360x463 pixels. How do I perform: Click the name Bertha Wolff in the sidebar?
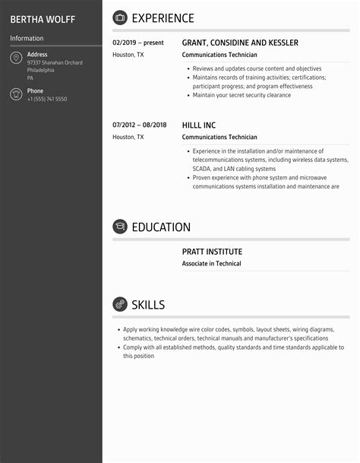click(x=43, y=18)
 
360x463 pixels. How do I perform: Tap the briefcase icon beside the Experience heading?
click(x=120, y=18)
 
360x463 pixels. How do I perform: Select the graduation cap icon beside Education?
click(x=120, y=227)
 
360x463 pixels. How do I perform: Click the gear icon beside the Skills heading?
click(x=120, y=305)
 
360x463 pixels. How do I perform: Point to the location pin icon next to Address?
click(x=16, y=59)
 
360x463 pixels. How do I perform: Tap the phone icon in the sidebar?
click(x=16, y=94)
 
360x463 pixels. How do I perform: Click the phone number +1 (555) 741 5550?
click(x=47, y=100)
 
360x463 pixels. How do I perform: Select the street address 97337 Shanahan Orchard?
click(x=55, y=63)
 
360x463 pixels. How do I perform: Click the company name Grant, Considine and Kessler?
click(x=240, y=43)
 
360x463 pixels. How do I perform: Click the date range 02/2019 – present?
click(x=138, y=43)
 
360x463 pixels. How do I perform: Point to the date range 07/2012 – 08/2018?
click(x=139, y=125)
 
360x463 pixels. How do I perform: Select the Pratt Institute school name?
click(x=212, y=252)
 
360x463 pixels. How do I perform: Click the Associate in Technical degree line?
click(x=211, y=264)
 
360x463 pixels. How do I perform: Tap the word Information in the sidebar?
click(x=27, y=38)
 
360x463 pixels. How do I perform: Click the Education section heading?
click(x=161, y=227)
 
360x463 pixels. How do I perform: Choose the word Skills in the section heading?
click(x=148, y=305)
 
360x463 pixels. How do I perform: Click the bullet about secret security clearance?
click(x=242, y=96)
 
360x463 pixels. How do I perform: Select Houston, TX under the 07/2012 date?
click(x=128, y=137)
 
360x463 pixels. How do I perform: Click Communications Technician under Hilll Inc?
click(x=219, y=137)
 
